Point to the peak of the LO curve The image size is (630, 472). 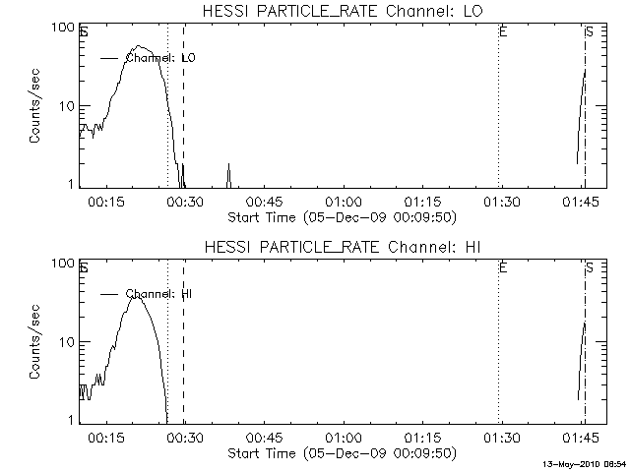click(x=141, y=46)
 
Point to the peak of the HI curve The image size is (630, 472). click(x=138, y=295)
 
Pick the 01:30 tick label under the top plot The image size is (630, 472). click(x=501, y=203)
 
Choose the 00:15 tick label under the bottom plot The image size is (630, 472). click(x=105, y=439)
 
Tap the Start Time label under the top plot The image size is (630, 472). click(x=341, y=216)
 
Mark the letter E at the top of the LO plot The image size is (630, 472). click(x=503, y=32)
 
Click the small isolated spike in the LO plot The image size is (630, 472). click(x=228, y=173)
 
